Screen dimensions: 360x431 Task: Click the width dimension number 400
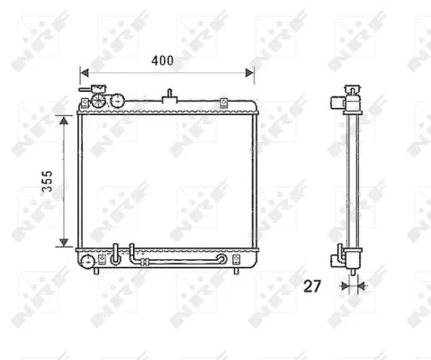(161, 60)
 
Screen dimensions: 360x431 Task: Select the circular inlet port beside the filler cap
(116, 101)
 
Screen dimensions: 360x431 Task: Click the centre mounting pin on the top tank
(167, 95)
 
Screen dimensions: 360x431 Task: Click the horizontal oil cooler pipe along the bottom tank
(180, 263)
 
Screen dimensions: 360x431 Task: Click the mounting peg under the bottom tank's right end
(236, 268)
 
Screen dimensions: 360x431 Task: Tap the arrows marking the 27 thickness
(352, 287)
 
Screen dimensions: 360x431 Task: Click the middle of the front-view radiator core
(167, 180)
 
